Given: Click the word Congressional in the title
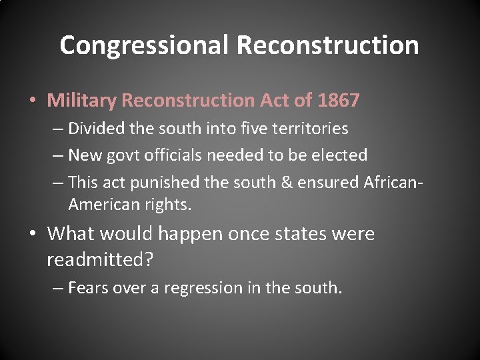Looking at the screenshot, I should point(144,45).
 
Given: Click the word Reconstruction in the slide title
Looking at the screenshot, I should point(327,45).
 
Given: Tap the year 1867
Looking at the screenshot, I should point(339,101).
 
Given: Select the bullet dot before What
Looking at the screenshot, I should point(33,234).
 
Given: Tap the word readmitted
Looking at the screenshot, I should point(100,259).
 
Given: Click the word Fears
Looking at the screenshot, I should point(89,288).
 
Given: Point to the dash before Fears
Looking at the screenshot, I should point(57,288).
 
